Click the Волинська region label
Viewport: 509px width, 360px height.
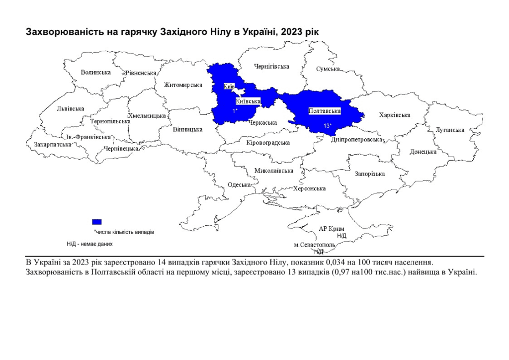(96, 72)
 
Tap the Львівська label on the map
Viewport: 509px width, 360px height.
(70, 108)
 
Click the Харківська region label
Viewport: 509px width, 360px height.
(395, 115)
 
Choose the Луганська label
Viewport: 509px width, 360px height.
(450, 130)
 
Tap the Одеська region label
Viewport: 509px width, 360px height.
(239, 184)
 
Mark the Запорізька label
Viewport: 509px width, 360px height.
(370, 174)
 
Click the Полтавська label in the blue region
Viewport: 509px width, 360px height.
(325, 111)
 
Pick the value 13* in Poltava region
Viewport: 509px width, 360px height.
(327, 125)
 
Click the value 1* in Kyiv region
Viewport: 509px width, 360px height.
(235, 110)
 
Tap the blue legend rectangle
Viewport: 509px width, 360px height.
(97, 221)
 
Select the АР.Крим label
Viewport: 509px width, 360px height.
(331, 228)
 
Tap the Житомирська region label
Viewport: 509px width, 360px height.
(183, 85)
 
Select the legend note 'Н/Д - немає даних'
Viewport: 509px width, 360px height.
(90, 244)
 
